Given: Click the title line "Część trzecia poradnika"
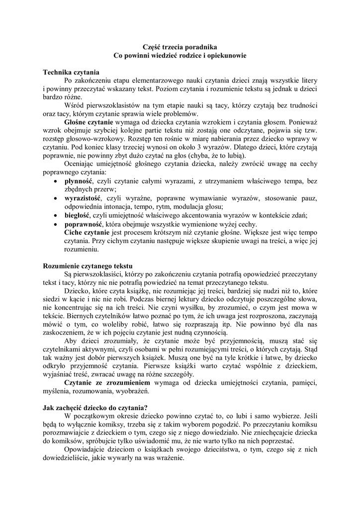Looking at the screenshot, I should click(180, 47).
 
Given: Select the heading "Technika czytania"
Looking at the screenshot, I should click(71, 72).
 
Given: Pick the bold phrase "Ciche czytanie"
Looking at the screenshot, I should click(87, 232).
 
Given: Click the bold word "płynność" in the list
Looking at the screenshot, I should click(79, 181).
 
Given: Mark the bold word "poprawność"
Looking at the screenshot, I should click(82, 224).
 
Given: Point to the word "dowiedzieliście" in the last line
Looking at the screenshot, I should click(65, 458).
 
